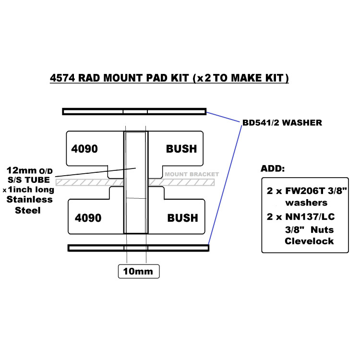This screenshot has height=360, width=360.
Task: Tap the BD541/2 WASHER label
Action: pyautogui.click(x=281, y=123)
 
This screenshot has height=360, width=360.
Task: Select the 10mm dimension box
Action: pyautogui.click(x=138, y=272)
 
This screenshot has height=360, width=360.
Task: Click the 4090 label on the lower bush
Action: pyautogui.click(x=88, y=218)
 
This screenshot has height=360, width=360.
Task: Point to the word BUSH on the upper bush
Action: pyautogui.click(x=181, y=149)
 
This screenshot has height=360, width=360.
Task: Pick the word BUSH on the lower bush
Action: pyautogui.click(x=182, y=218)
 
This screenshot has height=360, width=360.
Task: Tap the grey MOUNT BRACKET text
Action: pyautogui.click(x=192, y=174)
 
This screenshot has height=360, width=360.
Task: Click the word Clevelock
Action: pyautogui.click(x=309, y=241)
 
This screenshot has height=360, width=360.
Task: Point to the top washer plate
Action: pyautogui.click(x=134, y=112)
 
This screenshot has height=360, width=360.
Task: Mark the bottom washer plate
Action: pyautogui.click(x=138, y=248)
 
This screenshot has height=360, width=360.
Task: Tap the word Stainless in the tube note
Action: pyautogui.click(x=29, y=199)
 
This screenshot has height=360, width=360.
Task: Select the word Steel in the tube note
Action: pyautogui.click(x=29, y=210)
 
